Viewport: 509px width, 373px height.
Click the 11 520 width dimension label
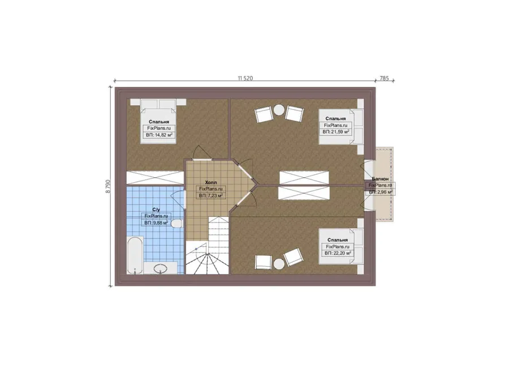point(245,78)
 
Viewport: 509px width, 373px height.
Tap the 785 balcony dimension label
point(384,78)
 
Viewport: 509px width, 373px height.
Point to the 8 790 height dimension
point(108,187)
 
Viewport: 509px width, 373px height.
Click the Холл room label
point(211,183)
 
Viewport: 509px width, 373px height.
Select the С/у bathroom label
point(156,209)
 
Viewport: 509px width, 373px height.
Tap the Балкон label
point(380,179)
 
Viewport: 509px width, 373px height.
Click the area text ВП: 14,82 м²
point(159,135)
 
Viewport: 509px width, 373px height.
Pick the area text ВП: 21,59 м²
point(335,131)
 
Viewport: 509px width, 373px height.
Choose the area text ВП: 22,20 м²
point(338,253)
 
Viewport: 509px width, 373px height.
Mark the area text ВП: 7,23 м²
point(211,196)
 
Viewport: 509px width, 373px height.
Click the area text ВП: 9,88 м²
point(156,222)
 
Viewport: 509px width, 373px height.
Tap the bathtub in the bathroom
point(135,256)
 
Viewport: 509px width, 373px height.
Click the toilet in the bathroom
point(176,224)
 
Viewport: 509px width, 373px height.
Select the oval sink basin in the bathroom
point(160,268)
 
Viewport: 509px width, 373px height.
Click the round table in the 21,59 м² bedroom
point(279,109)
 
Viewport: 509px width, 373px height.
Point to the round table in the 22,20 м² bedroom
point(279,264)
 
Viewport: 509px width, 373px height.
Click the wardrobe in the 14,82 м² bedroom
point(155,177)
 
